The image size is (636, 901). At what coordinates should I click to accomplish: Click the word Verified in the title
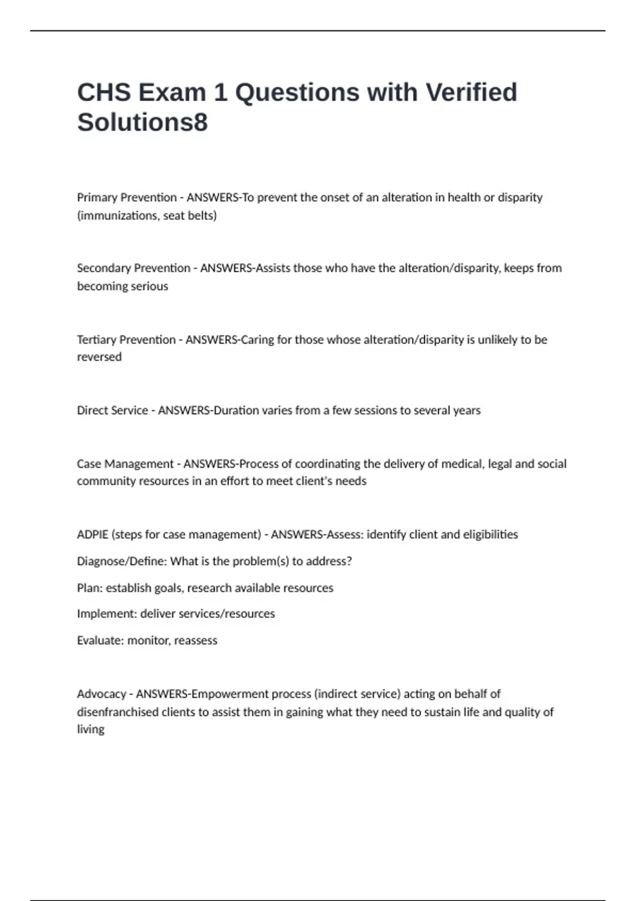point(471,92)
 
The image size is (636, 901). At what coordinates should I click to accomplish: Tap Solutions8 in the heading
point(142,122)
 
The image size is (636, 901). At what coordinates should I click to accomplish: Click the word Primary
point(98,198)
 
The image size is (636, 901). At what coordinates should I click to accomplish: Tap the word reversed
point(99,357)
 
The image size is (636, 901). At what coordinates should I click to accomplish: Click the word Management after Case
point(139,464)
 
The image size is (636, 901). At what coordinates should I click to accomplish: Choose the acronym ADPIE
point(92,534)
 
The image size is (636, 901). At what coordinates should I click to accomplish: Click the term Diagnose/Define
point(121,561)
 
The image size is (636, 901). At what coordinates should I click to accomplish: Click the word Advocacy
point(101,694)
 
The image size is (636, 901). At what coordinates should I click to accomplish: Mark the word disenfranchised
point(118,712)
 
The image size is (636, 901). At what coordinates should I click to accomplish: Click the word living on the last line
point(91,730)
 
